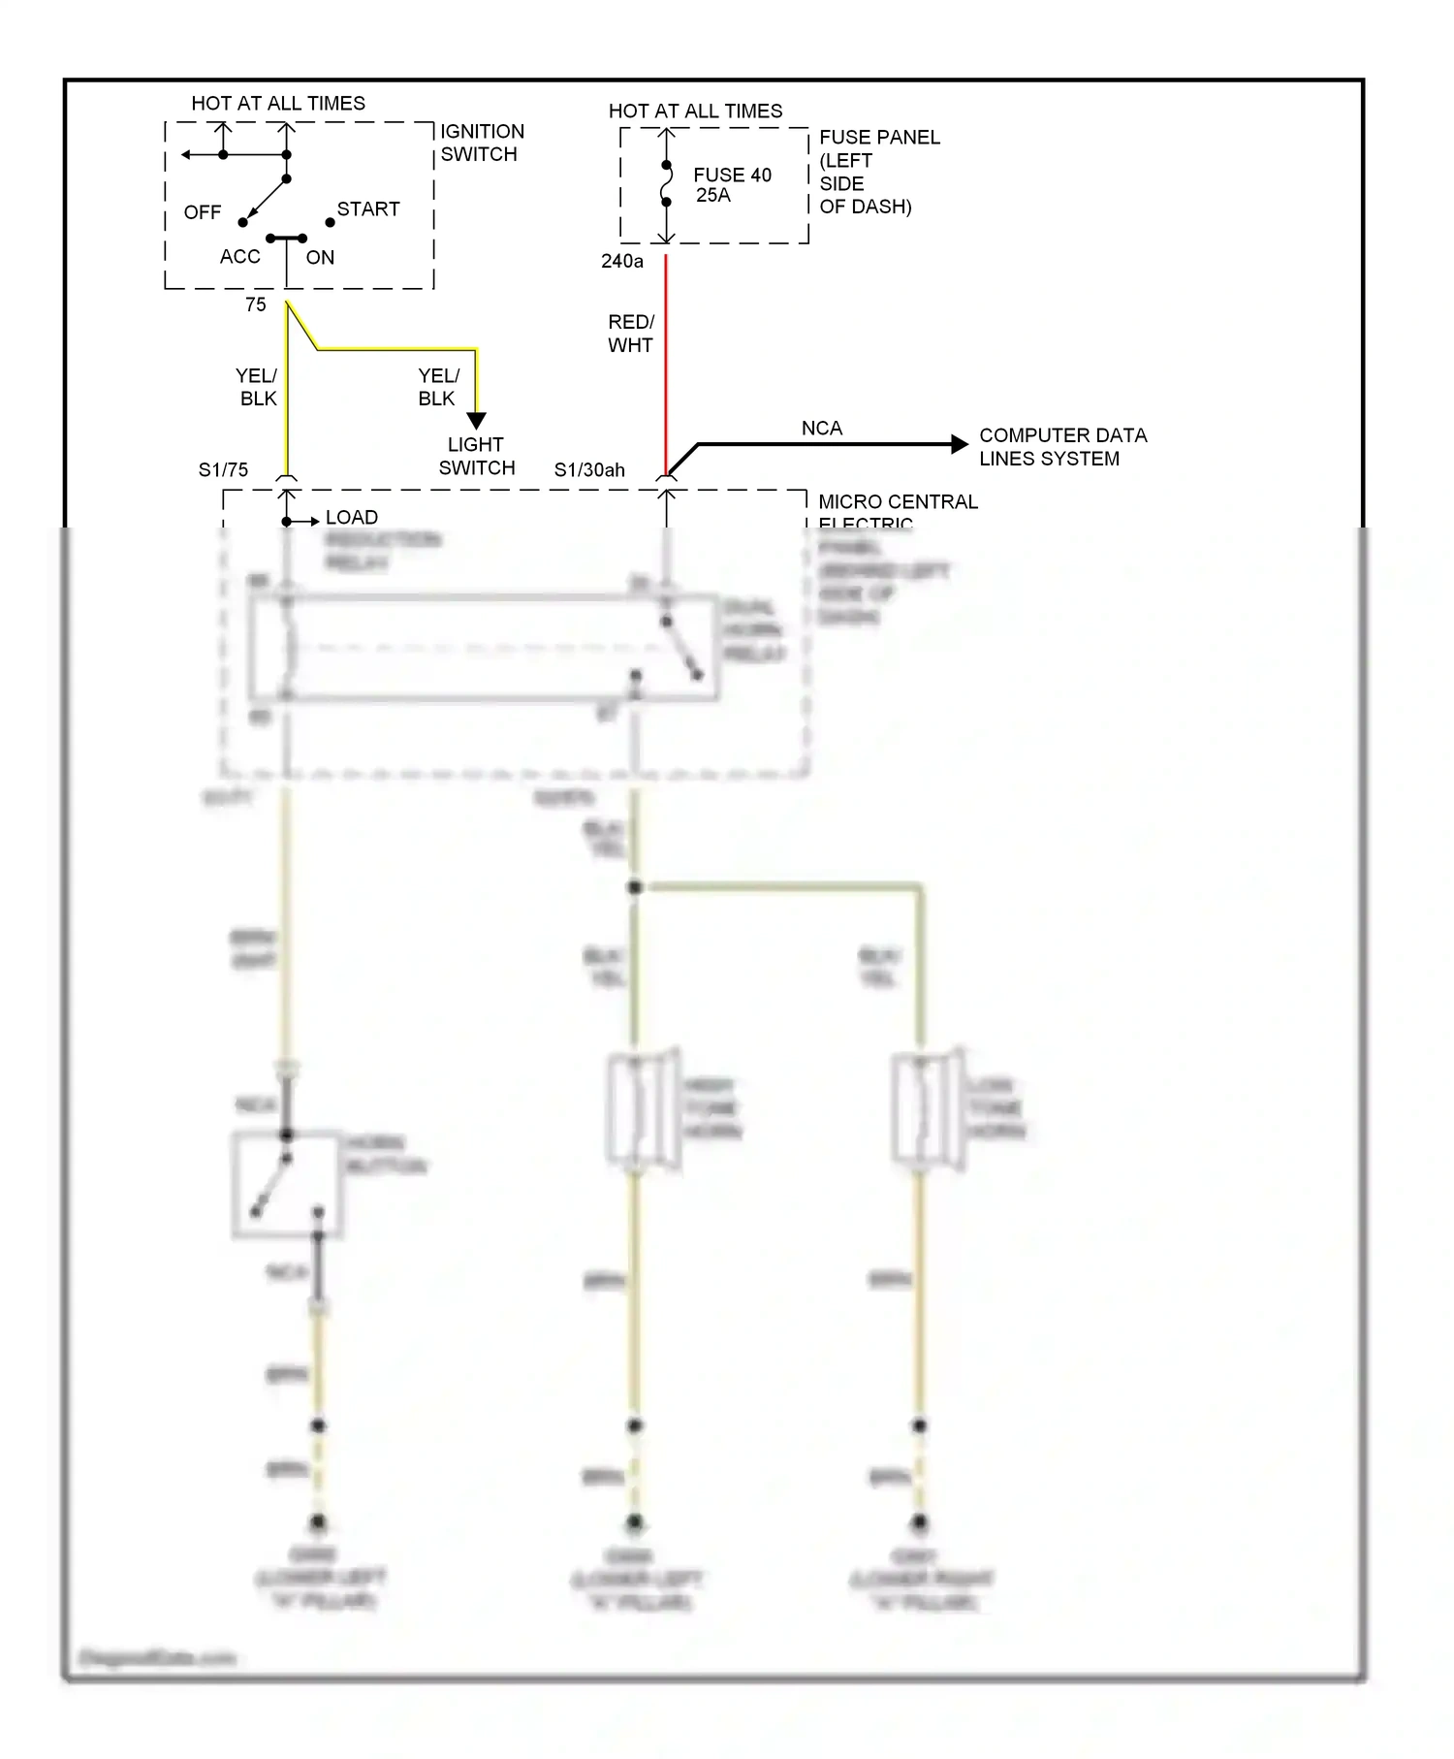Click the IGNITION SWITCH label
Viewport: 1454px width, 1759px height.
coord(482,143)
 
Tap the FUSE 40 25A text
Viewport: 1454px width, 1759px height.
coord(731,184)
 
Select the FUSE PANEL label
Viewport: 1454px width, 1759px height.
coord(877,172)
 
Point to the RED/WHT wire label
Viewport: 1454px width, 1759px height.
coord(630,334)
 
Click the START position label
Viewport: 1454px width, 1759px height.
coord(367,209)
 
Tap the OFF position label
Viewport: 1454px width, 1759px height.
coord(203,212)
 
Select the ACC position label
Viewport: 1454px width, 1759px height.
coord(239,257)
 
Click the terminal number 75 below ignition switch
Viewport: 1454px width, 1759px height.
coord(255,304)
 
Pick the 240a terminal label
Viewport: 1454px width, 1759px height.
coord(621,261)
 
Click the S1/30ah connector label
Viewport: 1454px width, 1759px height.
coord(589,470)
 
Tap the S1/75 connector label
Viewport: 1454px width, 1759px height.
coord(223,470)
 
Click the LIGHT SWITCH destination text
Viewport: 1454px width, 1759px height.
coord(476,457)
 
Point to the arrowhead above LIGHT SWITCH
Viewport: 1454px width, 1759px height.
coord(476,421)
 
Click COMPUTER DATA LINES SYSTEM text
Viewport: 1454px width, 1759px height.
coord(1061,447)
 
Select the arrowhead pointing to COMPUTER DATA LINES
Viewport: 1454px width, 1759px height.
coord(960,444)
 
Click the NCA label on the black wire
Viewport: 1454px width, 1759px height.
coord(821,429)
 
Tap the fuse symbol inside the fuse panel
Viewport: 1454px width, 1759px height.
coord(666,184)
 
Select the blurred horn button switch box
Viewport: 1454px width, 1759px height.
coord(286,1184)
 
